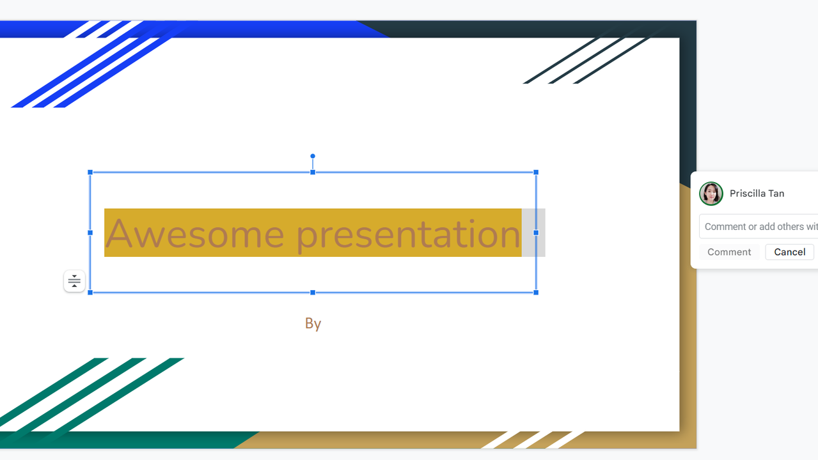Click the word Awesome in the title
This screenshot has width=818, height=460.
click(194, 233)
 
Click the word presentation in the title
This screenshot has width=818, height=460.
click(408, 235)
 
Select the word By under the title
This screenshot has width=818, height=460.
click(313, 324)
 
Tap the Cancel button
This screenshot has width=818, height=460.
click(789, 252)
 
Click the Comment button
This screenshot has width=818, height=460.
click(729, 252)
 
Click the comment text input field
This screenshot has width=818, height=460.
click(759, 227)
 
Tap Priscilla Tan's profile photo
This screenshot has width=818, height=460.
click(711, 194)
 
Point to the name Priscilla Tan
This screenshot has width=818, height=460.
click(757, 194)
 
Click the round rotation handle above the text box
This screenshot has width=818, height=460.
click(313, 156)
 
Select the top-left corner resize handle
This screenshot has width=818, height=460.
click(90, 172)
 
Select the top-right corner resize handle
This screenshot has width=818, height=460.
click(536, 172)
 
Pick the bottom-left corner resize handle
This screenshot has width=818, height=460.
click(90, 293)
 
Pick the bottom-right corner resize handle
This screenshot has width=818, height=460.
click(536, 293)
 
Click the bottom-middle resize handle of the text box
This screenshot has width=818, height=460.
click(313, 293)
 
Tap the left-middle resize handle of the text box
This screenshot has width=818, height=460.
click(90, 233)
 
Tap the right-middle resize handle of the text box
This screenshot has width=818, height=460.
click(536, 233)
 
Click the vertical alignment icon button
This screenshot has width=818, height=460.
click(74, 281)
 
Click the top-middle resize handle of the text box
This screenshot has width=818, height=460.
click(313, 172)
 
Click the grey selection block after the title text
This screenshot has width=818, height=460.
click(533, 233)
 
